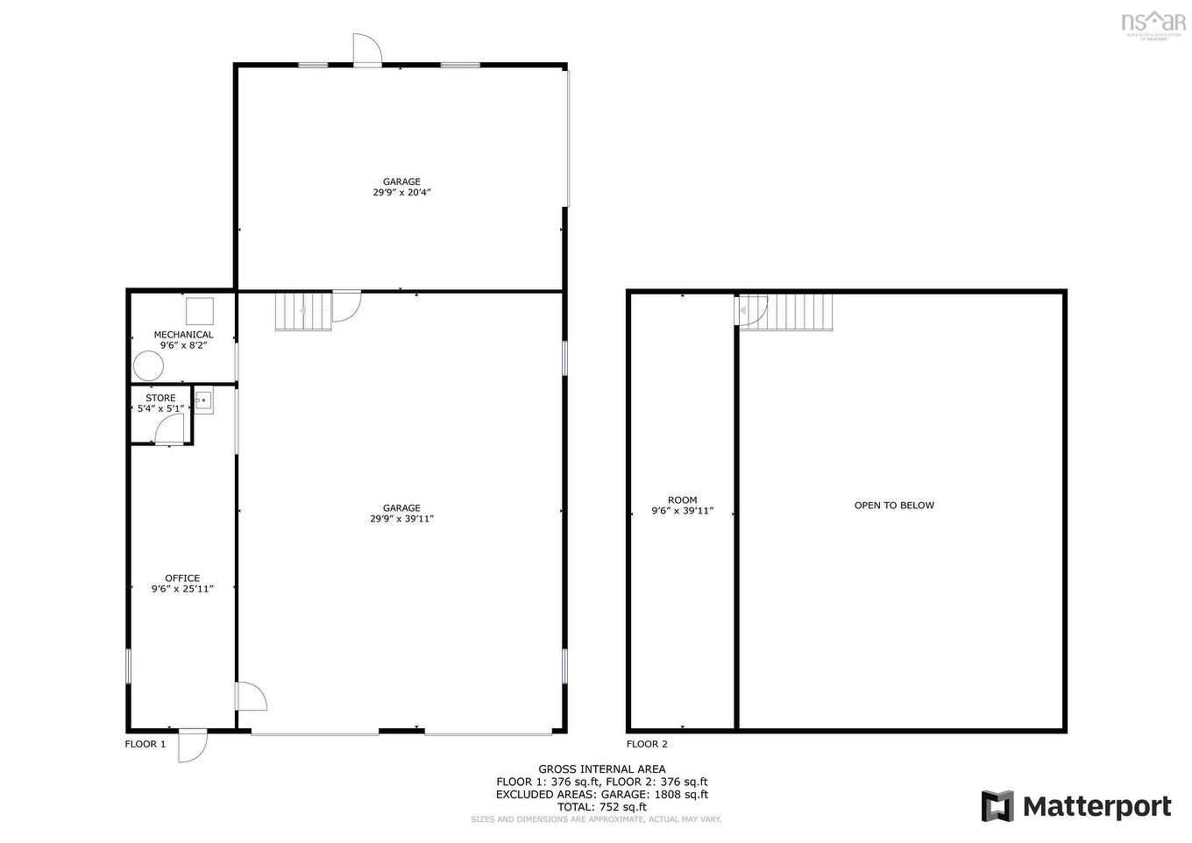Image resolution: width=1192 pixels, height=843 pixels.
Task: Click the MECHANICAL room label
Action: click(x=183, y=335)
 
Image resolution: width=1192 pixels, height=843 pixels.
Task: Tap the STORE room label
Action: click(x=160, y=398)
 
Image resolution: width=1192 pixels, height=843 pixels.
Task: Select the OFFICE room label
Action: click(x=182, y=578)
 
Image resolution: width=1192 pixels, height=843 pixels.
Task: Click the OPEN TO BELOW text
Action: click(x=894, y=506)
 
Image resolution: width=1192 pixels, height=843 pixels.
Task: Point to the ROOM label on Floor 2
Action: click(x=682, y=500)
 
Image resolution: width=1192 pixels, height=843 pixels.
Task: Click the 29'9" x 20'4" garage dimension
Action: click(x=401, y=193)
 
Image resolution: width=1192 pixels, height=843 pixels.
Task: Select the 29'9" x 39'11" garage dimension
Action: click(x=401, y=519)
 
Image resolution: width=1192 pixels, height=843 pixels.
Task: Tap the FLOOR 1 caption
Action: click(x=145, y=745)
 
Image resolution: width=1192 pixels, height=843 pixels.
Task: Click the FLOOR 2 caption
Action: click(x=647, y=745)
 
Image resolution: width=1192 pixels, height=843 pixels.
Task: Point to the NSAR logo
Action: click(x=1153, y=22)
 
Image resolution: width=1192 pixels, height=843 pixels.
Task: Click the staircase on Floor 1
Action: click(x=303, y=311)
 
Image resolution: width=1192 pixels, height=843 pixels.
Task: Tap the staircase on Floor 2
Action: click(x=799, y=312)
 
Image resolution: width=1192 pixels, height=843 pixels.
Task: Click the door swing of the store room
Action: click(x=170, y=429)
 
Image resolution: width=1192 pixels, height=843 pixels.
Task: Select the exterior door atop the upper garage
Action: click(x=367, y=50)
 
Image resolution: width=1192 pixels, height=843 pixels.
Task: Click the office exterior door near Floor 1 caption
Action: click(x=192, y=745)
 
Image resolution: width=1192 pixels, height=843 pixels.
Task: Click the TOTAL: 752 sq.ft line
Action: click(x=601, y=807)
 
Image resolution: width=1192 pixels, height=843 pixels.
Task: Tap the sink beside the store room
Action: click(x=203, y=401)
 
